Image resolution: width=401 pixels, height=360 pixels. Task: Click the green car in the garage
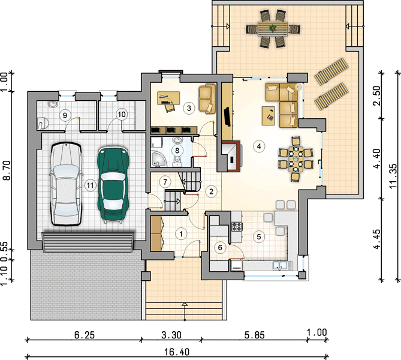pyautogui.click(x=113, y=184)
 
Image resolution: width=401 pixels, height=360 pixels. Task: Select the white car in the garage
pyautogui.click(x=67, y=184)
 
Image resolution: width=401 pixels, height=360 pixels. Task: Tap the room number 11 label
pyautogui.click(x=90, y=185)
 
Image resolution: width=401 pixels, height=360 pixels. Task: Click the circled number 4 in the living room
pyautogui.click(x=259, y=146)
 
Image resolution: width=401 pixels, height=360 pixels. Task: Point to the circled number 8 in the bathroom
pyautogui.click(x=177, y=150)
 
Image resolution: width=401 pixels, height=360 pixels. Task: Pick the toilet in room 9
pyautogui.click(x=43, y=123)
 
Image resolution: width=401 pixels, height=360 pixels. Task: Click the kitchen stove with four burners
pyautogui.click(x=237, y=227)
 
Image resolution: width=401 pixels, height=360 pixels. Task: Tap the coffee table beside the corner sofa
pyautogui.click(x=269, y=116)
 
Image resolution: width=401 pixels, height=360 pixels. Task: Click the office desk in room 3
pyautogui.click(x=168, y=98)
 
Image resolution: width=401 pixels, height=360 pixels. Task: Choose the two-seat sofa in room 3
pyautogui.click(x=207, y=98)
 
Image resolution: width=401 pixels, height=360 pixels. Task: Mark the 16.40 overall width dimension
pyautogui.click(x=177, y=352)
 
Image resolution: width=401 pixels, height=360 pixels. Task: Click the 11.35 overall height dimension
pyautogui.click(x=393, y=176)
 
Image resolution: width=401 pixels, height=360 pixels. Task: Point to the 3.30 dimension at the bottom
pyautogui.click(x=171, y=335)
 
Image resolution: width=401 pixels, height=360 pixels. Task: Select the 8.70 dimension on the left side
pyautogui.click(x=7, y=170)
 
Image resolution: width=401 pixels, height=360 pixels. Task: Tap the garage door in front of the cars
pyautogui.click(x=88, y=242)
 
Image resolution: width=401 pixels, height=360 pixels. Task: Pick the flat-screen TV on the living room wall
pyautogui.click(x=227, y=117)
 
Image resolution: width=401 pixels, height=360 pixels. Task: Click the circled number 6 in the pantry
pyautogui.click(x=220, y=248)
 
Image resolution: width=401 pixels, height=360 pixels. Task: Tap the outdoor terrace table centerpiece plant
pyautogui.click(x=273, y=28)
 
